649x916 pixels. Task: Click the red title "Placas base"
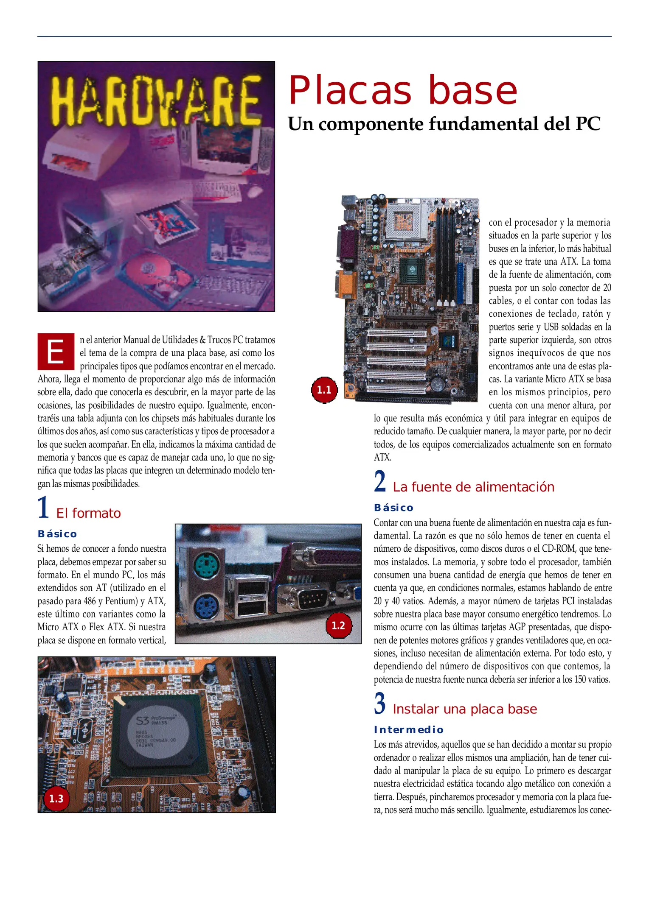pos(402,91)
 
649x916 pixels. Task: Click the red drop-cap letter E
pos(56,352)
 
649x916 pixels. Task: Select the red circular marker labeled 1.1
pos(324,390)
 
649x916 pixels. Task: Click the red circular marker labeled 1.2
pos(338,625)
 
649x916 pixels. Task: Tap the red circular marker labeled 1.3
pos(56,799)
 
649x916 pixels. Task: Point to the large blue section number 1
pos(43,508)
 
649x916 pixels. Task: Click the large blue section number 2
pos(380,481)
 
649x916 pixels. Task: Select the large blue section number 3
pos(380,704)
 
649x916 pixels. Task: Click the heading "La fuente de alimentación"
pos(473,487)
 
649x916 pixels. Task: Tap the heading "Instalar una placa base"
pos(465,709)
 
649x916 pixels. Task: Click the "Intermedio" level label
pos(408,730)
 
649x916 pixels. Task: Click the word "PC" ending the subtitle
pos(588,124)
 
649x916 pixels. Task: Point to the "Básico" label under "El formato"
pos(57,534)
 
